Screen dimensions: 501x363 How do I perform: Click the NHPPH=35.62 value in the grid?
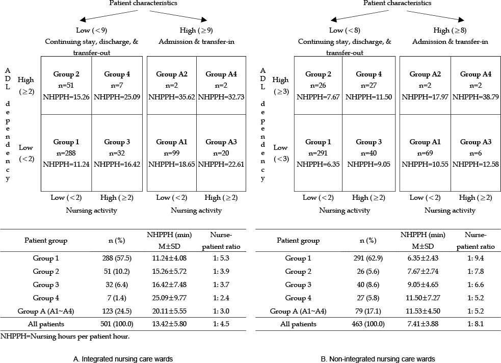click(172, 97)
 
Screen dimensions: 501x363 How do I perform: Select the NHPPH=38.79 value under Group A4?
click(476, 97)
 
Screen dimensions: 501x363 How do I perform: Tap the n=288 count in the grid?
click(66, 153)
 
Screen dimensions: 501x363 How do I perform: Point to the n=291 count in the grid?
click(318, 153)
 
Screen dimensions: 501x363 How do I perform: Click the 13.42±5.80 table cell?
click(169, 324)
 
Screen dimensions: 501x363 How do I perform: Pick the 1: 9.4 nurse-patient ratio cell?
click(476, 258)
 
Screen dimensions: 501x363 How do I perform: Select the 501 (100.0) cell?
click(117, 324)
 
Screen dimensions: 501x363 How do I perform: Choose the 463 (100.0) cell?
click(368, 324)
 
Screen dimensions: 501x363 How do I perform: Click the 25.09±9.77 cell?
click(169, 298)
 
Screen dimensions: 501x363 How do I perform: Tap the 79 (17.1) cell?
click(368, 311)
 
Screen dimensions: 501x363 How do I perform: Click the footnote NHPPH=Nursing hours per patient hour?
click(65, 336)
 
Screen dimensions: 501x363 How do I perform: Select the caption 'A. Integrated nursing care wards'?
click(123, 359)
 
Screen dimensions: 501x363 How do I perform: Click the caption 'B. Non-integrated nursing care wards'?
click(378, 359)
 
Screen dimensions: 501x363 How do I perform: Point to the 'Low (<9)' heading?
click(92, 31)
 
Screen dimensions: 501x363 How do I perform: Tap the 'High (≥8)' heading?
click(450, 31)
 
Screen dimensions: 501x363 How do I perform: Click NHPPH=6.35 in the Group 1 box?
click(318, 164)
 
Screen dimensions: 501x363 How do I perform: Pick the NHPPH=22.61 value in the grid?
click(221, 164)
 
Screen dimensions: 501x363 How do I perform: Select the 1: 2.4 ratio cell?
click(221, 298)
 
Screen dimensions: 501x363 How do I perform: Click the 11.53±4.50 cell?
click(423, 311)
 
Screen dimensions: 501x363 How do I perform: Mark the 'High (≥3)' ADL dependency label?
click(280, 86)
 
